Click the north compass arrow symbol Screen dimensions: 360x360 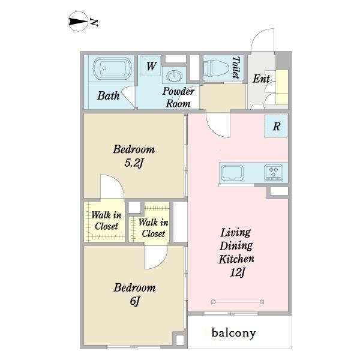point(78,22)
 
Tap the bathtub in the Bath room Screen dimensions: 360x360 point(112,68)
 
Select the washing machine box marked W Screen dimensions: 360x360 point(151,66)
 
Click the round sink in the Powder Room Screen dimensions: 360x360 point(175,76)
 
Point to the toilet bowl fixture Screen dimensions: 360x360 point(216,68)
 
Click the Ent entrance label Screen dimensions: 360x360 point(261,79)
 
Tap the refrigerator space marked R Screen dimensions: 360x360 point(276,126)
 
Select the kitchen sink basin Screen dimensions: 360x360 point(232,173)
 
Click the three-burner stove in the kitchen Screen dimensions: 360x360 point(274,172)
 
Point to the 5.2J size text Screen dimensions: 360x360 point(134,163)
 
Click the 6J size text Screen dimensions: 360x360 point(135,301)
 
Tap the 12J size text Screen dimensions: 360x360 point(238,272)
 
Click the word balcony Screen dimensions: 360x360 point(233,333)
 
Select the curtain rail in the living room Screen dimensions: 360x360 point(238,302)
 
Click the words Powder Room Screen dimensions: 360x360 point(178,97)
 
